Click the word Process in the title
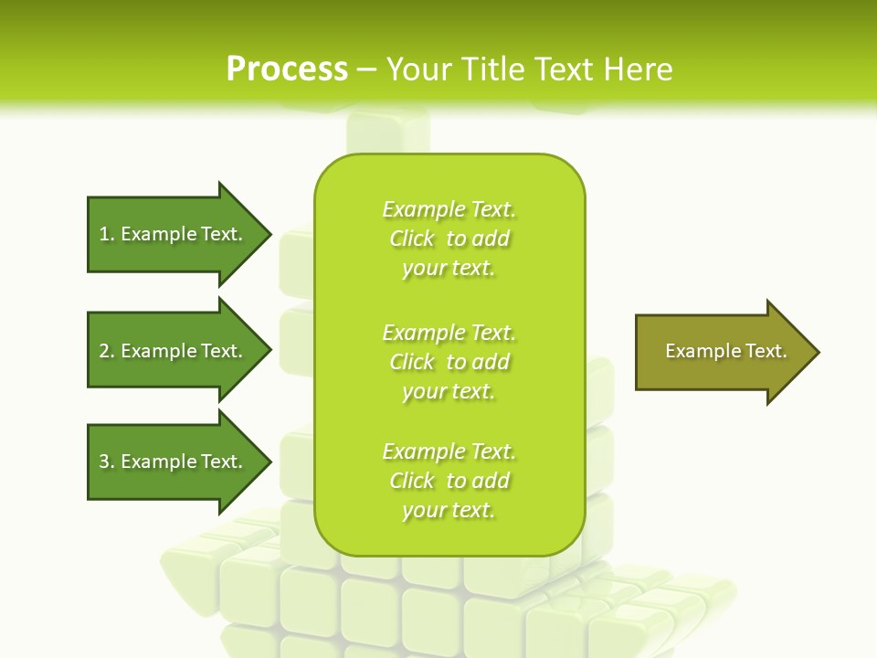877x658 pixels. (x=287, y=69)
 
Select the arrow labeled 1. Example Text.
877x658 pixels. (x=174, y=234)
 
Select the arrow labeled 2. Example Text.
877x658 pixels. (x=174, y=351)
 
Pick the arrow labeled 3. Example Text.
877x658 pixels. (x=174, y=462)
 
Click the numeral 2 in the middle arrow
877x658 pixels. (x=104, y=351)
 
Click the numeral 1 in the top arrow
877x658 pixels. (x=104, y=234)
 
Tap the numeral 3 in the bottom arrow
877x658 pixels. (x=104, y=462)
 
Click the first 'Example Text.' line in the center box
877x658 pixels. (x=449, y=209)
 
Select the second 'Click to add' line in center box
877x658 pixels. (x=449, y=362)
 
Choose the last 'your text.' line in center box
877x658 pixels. (x=449, y=510)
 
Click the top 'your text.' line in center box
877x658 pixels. (x=449, y=268)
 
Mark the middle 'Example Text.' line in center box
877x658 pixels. (x=449, y=333)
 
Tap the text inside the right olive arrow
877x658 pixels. (x=726, y=351)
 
